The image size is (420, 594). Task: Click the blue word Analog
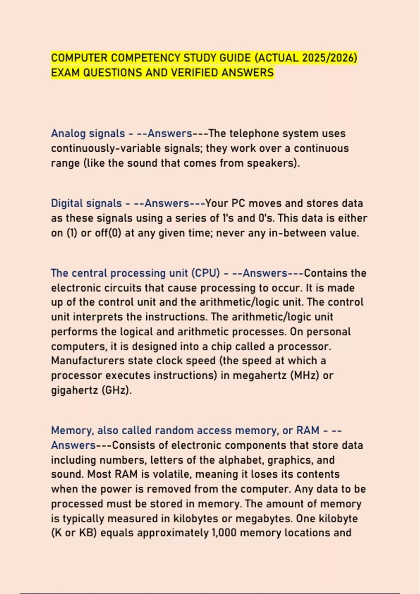[68, 133]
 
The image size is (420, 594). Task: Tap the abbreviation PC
[238, 203]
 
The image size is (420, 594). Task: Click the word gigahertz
[74, 390]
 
